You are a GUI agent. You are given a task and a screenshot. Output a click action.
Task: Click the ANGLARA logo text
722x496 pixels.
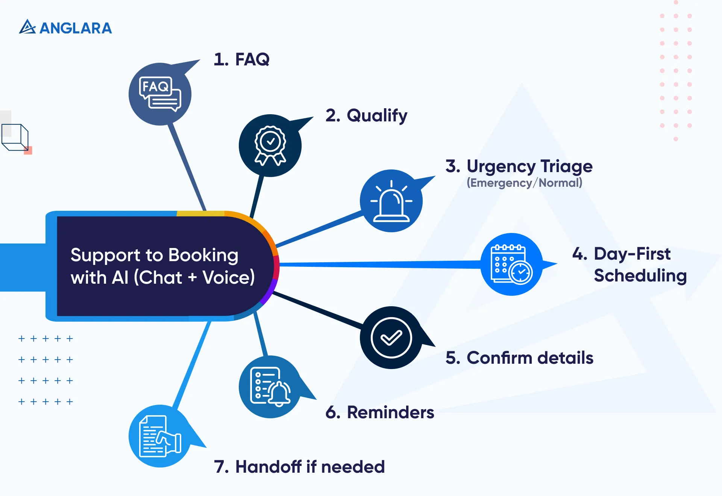click(75, 28)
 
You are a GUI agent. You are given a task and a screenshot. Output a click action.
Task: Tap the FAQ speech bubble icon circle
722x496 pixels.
click(160, 94)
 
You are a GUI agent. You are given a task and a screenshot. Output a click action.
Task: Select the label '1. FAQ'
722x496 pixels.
click(241, 59)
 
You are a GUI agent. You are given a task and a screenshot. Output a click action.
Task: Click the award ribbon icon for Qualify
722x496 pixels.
click(270, 146)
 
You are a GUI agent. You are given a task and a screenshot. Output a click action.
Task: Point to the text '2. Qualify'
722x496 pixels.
click(366, 115)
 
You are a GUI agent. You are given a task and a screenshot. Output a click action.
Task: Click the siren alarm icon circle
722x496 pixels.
click(391, 201)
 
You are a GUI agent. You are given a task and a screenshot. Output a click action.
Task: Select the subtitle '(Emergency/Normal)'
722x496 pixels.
click(524, 183)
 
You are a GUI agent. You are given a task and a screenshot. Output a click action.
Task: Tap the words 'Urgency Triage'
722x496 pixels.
click(529, 166)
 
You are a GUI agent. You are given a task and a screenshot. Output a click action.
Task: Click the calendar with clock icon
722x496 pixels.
click(511, 265)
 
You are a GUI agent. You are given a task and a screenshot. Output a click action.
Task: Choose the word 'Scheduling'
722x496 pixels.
click(640, 275)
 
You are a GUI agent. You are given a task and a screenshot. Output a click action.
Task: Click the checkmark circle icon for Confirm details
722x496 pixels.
click(391, 337)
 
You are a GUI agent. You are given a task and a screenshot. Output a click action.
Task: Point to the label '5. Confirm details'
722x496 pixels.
click(519, 358)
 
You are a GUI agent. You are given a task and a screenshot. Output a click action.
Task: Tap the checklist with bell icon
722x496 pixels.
click(270, 387)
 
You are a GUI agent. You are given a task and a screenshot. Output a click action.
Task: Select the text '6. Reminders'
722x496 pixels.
click(380, 412)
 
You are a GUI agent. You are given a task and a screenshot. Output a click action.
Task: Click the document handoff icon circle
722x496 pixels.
click(160, 436)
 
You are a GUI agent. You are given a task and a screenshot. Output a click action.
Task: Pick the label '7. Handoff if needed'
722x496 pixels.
click(299, 467)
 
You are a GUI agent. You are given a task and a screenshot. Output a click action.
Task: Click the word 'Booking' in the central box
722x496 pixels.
click(203, 255)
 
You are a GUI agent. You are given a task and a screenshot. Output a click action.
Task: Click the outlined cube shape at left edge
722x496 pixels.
click(15, 137)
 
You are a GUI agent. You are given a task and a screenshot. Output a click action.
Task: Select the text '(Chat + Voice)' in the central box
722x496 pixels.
click(194, 278)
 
